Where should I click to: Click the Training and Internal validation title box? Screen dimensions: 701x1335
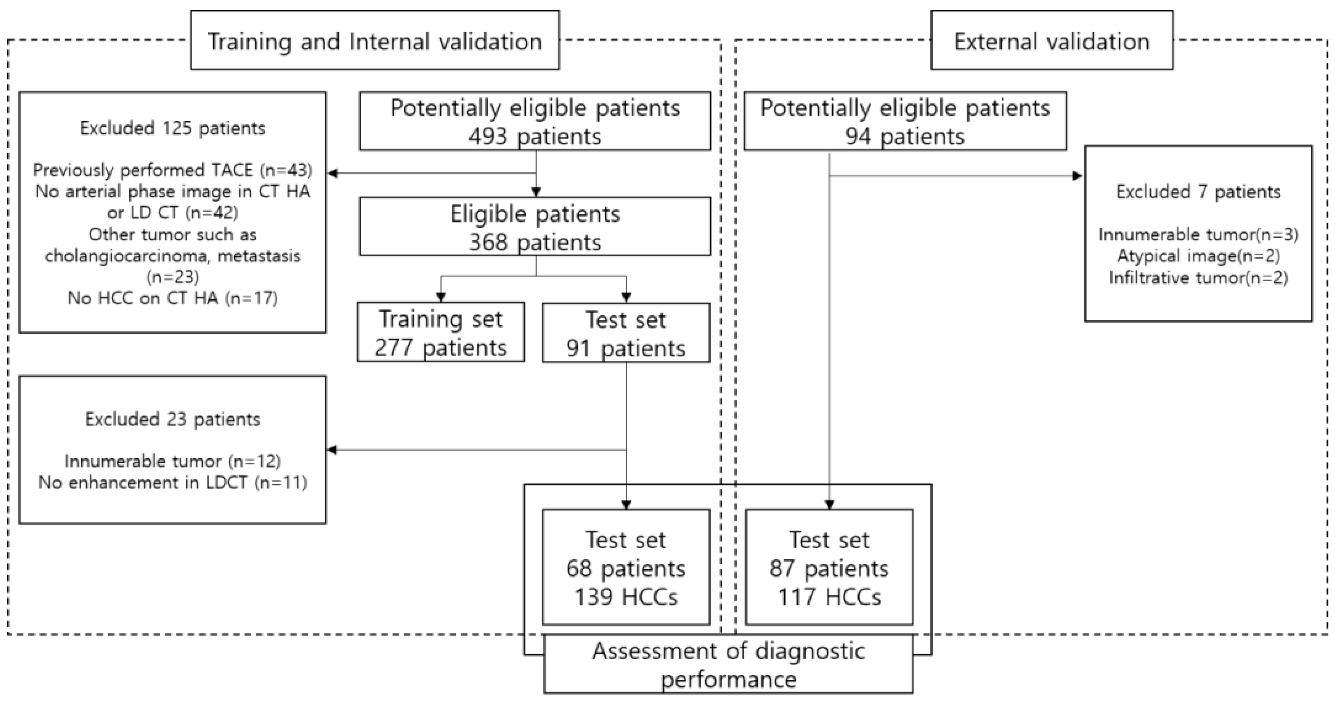[375, 41]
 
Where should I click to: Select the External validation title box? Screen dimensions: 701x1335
[1052, 41]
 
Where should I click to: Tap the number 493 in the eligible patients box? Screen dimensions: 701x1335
[488, 137]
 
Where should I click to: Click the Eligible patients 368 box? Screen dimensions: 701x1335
[535, 227]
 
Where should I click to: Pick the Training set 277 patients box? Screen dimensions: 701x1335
[441, 332]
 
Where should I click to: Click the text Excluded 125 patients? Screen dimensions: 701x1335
[172, 128]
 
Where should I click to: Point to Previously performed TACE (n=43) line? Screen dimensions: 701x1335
[172, 170]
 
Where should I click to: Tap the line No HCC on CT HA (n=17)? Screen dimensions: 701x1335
[172, 298]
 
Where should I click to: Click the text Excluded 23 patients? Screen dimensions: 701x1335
[172, 419]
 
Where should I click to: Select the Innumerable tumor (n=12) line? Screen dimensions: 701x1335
[172, 461]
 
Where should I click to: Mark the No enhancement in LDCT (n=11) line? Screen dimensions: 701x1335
[172, 482]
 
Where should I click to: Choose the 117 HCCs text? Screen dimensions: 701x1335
[829, 597]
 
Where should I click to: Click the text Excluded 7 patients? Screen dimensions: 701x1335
[1198, 192]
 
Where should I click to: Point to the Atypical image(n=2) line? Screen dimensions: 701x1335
[1198, 256]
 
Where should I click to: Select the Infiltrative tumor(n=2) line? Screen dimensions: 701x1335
[1198, 278]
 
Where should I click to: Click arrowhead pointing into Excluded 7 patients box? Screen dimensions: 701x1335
[1078, 176]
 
